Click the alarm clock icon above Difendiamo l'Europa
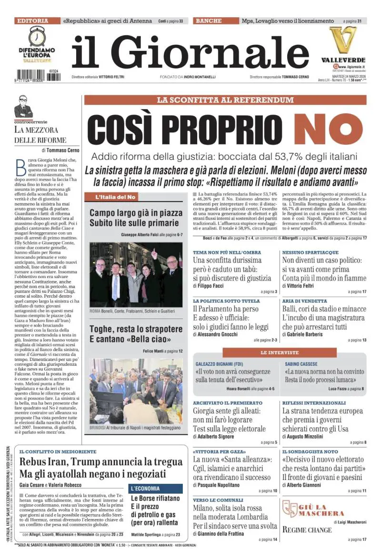click(36, 36)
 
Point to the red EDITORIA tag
click(32, 21)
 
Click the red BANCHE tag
click(209, 21)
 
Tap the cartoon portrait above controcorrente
click(23, 107)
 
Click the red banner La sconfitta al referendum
click(225, 100)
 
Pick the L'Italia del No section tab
click(115, 197)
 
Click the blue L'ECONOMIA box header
click(156, 488)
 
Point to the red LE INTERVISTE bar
click(280, 352)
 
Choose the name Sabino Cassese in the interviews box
click(301, 364)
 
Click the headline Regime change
click(307, 530)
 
